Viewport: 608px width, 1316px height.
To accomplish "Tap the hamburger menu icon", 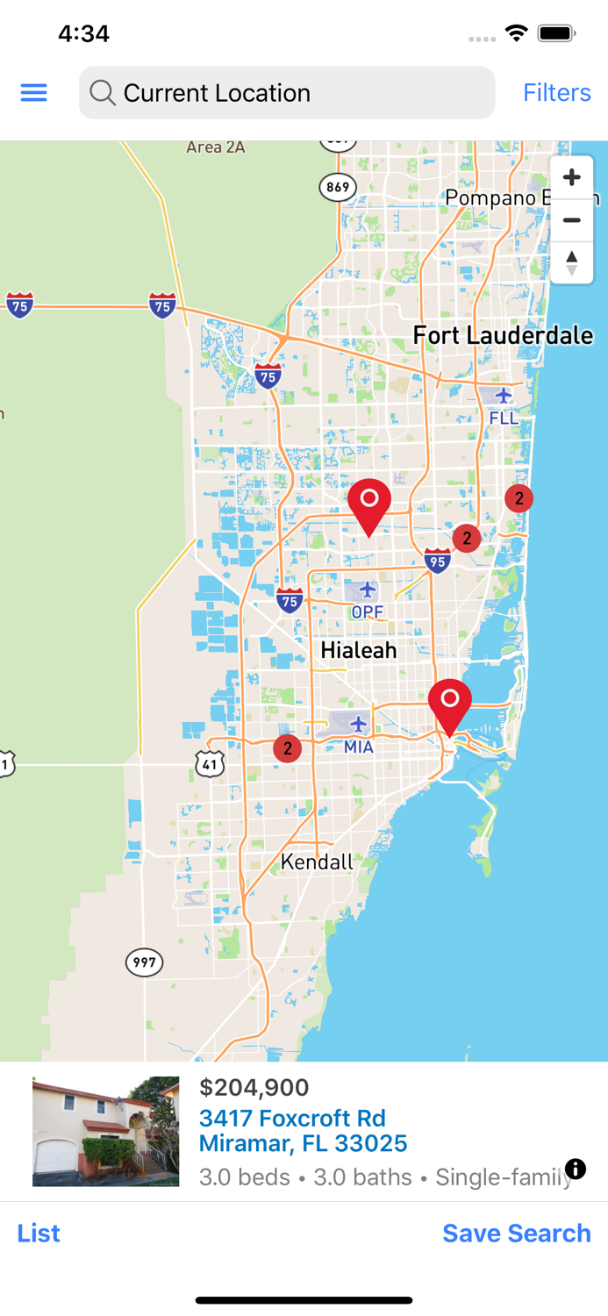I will click(33, 93).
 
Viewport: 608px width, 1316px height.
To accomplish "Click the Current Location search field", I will click(286, 93).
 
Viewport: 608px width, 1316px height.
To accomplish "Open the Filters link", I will click(556, 93).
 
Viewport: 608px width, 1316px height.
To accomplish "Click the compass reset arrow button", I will click(571, 262).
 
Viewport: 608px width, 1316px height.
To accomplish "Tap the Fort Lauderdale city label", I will click(503, 335).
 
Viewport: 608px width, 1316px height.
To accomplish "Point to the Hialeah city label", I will click(358, 650).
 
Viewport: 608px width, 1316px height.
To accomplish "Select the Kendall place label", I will click(317, 862).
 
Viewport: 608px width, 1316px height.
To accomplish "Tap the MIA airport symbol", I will click(358, 724).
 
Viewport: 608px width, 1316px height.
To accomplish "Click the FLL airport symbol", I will click(503, 396).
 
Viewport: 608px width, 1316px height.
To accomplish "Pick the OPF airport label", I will click(367, 612).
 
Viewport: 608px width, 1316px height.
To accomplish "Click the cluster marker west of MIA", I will click(287, 748).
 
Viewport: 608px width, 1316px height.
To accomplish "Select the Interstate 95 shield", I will click(437, 560).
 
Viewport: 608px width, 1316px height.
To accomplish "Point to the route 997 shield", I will click(144, 962).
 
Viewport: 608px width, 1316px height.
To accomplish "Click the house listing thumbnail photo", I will click(105, 1132).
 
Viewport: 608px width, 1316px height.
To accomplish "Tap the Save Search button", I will click(516, 1233).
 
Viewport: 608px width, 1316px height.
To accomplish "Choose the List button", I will click(39, 1233).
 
